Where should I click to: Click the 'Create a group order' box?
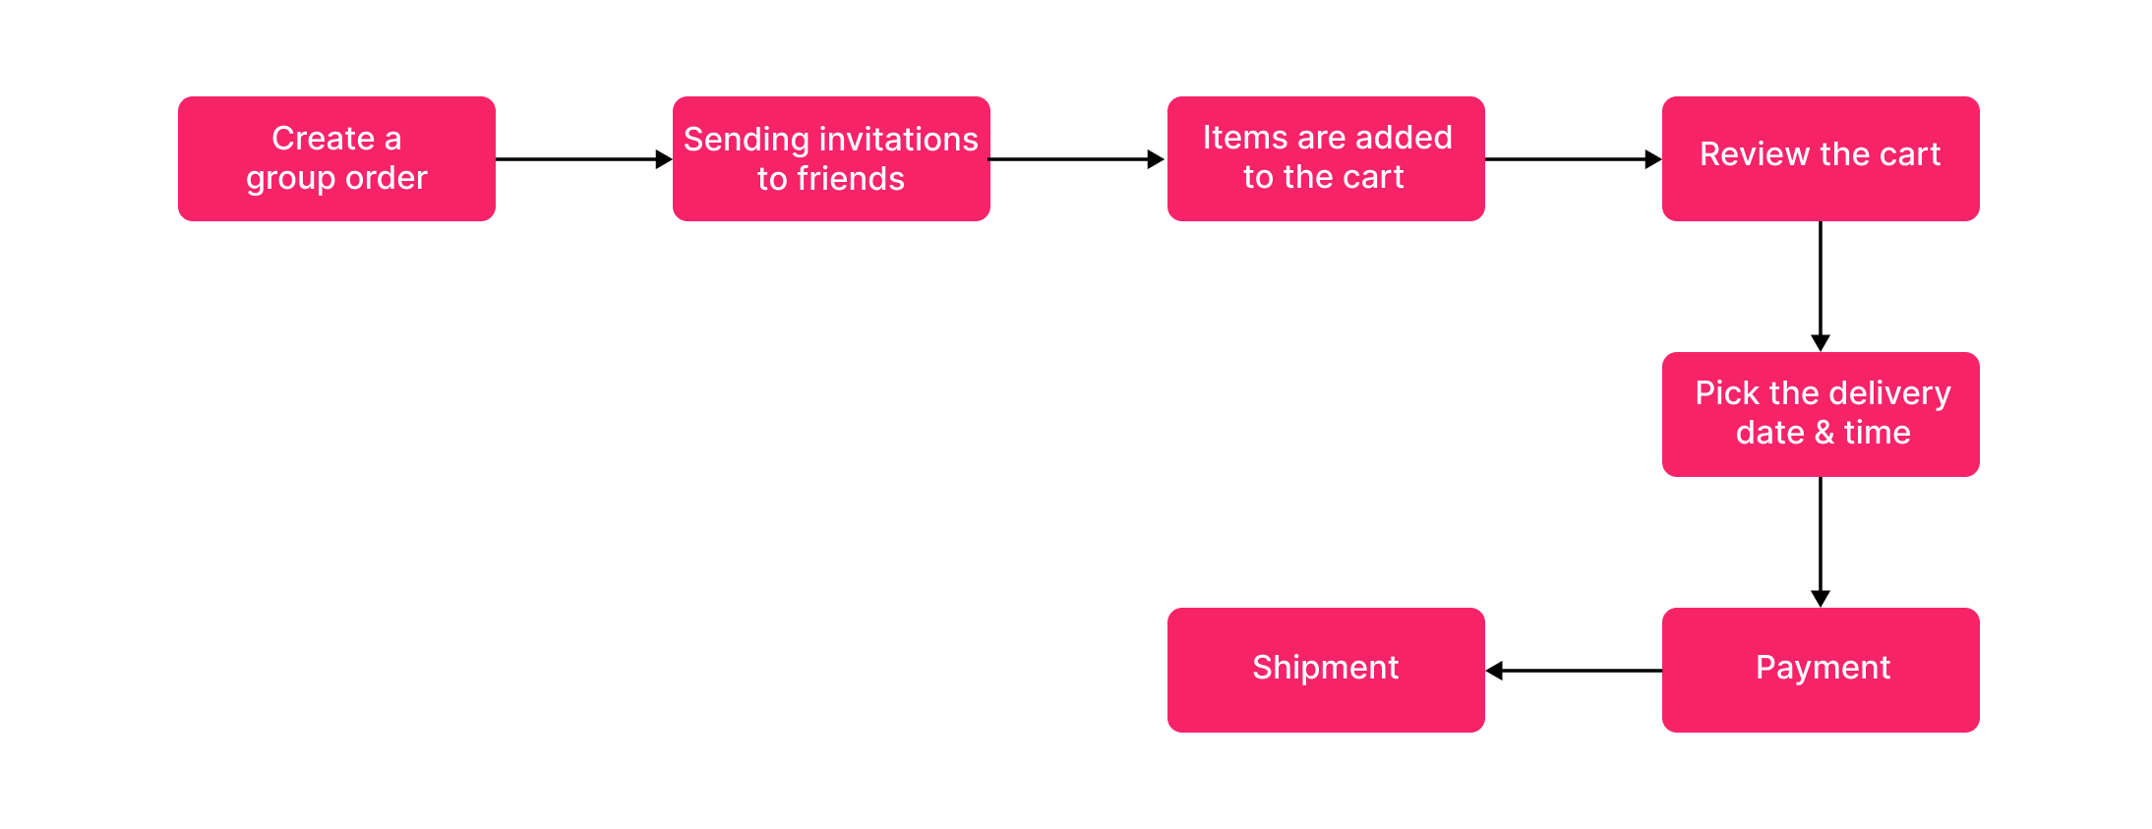[x=336, y=158]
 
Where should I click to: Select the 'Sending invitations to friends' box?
[x=831, y=158]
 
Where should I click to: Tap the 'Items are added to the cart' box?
[x=1326, y=158]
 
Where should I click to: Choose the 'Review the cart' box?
[x=1821, y=158]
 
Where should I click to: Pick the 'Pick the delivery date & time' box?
[x=1821, y=414]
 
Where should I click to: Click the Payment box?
[x=1821, y=670]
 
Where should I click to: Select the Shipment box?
[x=1326, y=670]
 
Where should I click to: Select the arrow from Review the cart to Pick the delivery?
[x=1821, y=285]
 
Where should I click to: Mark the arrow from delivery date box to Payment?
[x=1821, y=541]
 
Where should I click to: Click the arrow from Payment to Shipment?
[x=1574, y=671]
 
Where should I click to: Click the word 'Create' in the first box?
[x=323, y=139]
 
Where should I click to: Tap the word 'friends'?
[x=851, y=179]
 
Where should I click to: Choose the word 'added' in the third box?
[x=1413, y=138]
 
